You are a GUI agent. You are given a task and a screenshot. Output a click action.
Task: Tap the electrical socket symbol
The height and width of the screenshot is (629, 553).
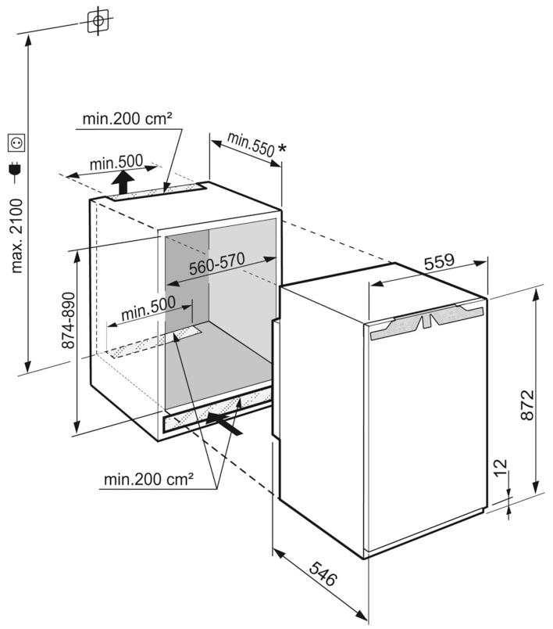click(x=15, y=143)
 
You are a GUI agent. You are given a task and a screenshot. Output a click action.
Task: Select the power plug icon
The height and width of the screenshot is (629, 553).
click(x=15, y=168)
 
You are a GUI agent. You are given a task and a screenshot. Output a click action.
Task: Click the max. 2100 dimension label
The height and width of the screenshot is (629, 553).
click(x=16, y=235)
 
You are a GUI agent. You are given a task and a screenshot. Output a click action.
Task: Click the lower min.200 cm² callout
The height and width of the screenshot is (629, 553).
click(x=148, y=480)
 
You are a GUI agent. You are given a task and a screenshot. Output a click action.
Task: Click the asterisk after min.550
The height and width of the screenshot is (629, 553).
click(x=281, y=149)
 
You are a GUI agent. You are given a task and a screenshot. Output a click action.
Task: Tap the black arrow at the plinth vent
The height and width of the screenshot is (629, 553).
click(x=225, y=423)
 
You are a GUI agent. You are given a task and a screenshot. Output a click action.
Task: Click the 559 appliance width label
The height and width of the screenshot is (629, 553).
click(x=440, y=265)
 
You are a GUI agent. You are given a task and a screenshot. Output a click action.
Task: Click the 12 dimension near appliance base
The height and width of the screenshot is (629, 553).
click(x=500, y=473)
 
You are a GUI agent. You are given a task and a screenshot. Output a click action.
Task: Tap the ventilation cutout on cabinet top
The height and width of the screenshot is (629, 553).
click(x=155, y=192)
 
